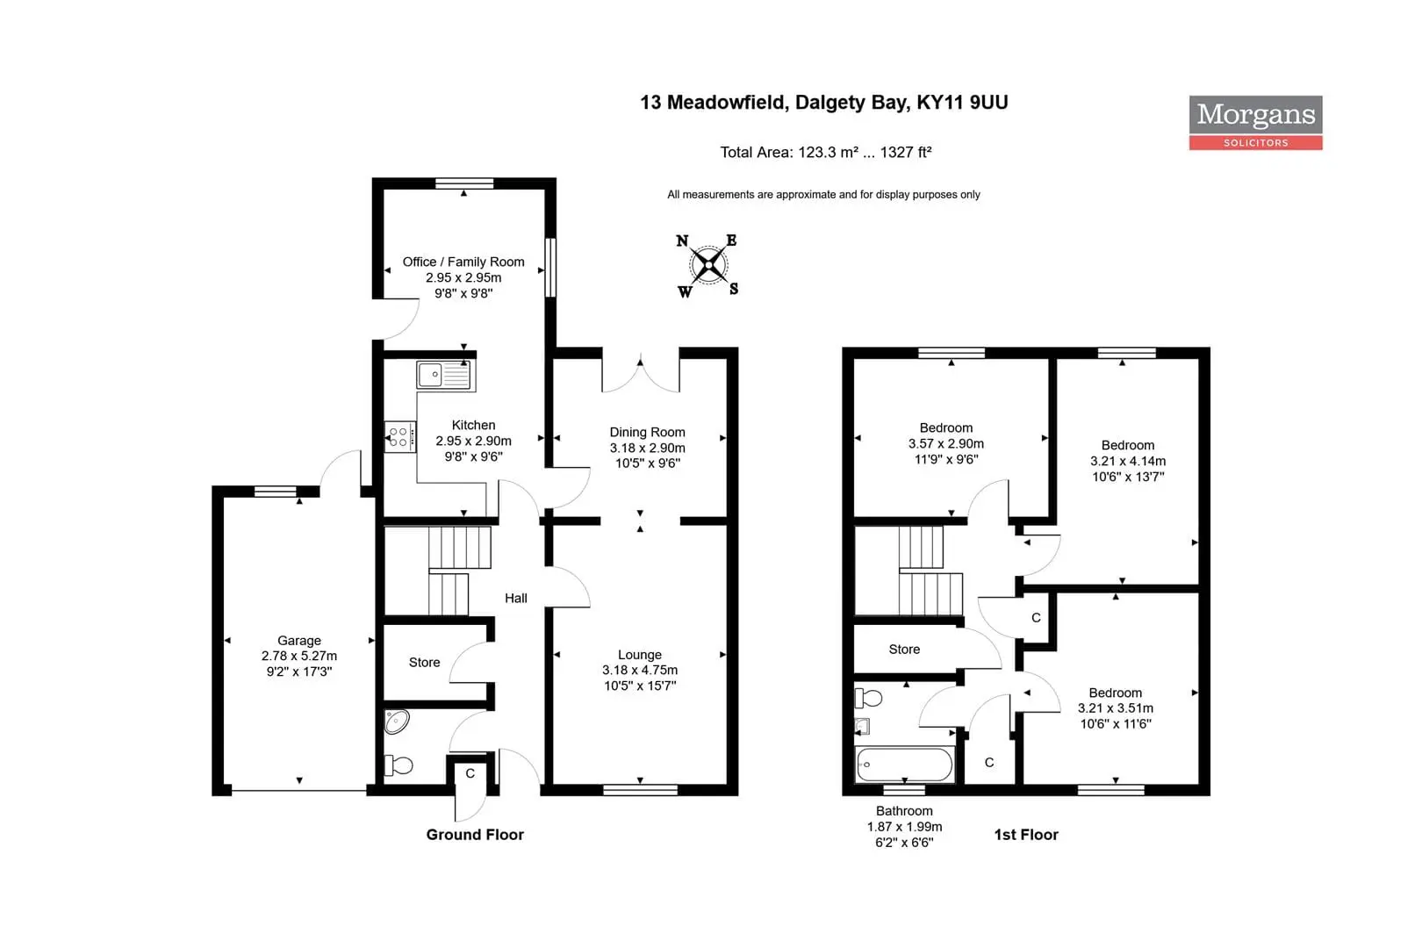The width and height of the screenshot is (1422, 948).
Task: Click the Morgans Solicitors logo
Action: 1255,123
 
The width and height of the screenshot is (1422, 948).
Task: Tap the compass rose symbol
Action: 707,265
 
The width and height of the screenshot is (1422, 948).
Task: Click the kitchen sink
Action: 446,375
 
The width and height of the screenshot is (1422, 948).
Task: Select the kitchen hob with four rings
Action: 400,437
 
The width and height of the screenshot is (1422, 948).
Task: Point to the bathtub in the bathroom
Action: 904,764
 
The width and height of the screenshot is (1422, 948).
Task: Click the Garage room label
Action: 299,641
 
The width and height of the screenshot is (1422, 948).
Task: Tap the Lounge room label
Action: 640,655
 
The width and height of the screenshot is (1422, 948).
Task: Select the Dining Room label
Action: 647,433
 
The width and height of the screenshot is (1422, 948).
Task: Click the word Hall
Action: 516,598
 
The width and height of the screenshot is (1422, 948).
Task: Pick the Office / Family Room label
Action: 463,262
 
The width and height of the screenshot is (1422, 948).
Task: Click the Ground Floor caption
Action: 475,835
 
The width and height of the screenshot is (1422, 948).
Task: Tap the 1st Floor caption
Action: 1026,835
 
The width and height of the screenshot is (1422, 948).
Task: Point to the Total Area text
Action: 825,153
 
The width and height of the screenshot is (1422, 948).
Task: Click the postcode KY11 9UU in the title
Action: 962,102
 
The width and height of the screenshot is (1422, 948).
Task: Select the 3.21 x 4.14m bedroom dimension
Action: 1128,461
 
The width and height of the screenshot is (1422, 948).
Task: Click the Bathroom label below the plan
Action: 904,811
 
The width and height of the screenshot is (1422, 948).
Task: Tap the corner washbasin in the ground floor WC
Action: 396,722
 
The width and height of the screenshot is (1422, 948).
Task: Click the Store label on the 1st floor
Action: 904,650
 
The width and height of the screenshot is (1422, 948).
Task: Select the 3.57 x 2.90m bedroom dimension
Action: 946,444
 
